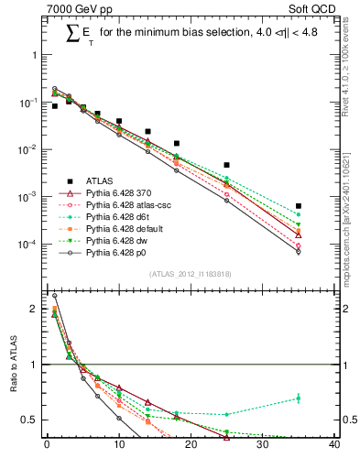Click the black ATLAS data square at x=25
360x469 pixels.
click(x=226, y=165)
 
